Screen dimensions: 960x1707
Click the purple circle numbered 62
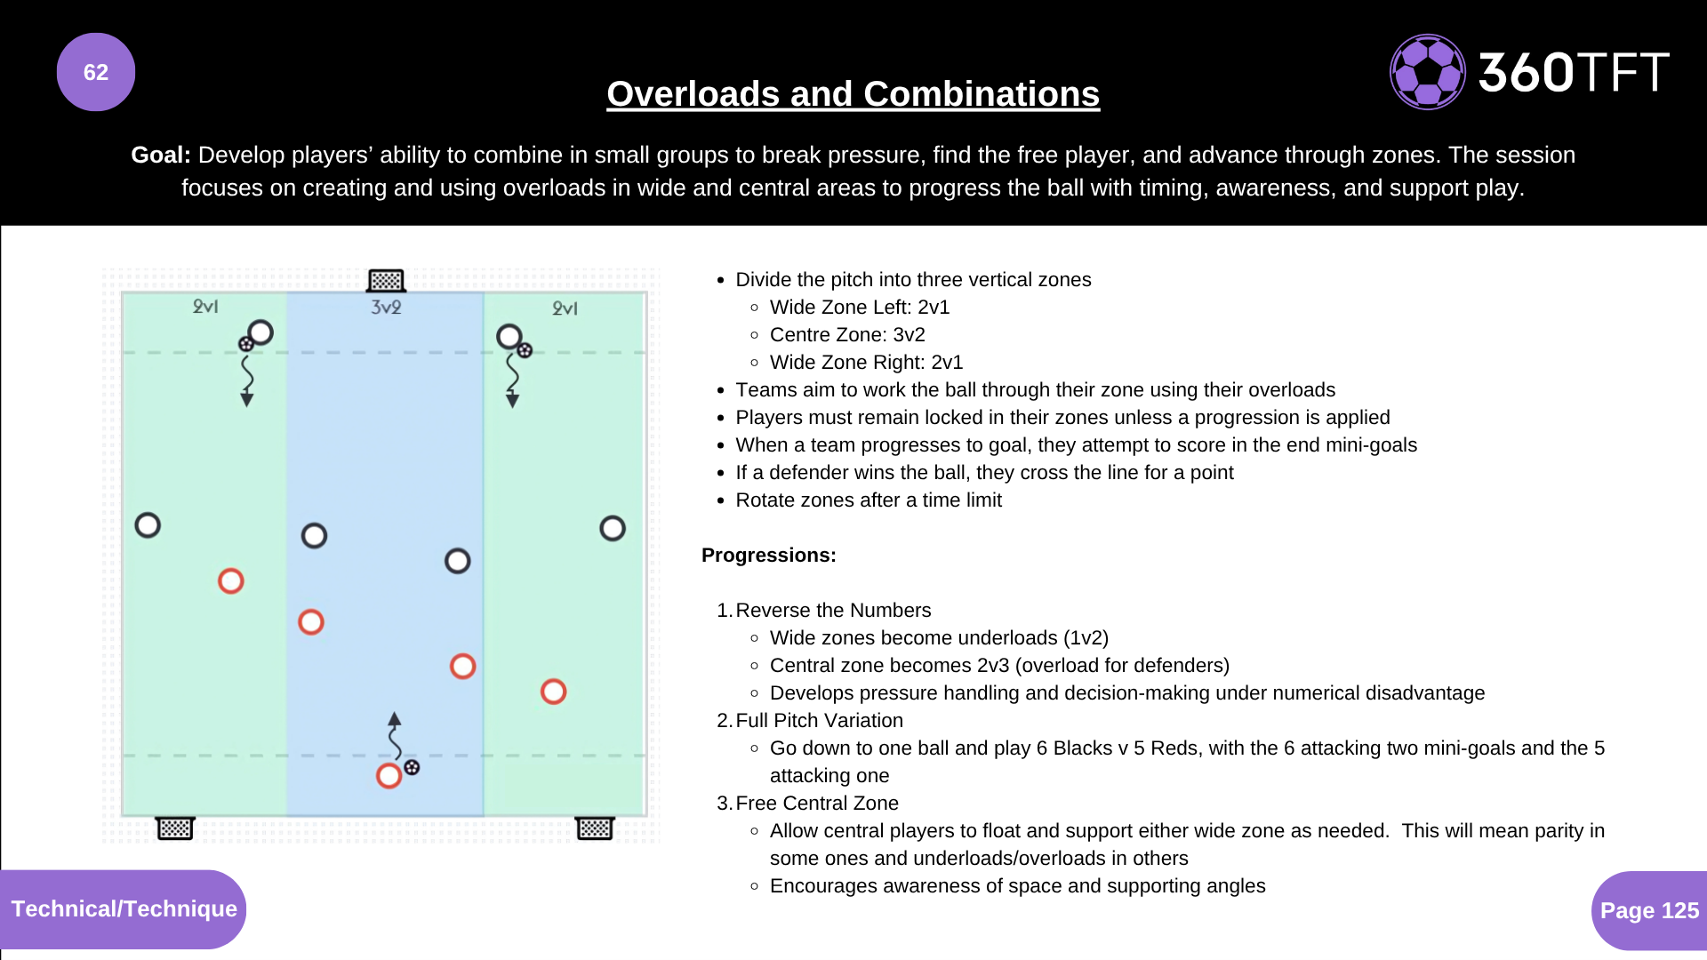[96, 72]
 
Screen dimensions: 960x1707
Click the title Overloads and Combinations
[853, 94]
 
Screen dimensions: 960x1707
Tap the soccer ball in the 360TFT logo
[1427, 72]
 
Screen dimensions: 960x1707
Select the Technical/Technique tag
[124, 908]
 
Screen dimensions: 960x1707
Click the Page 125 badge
[1648, 910]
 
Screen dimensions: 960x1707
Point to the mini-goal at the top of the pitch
[386, 281]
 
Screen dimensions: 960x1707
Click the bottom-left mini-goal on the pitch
[175, 828]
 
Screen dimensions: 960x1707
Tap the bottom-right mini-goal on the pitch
[595, 828]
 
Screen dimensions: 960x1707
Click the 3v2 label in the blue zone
[386, 308]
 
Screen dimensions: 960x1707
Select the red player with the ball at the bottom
[389, 776]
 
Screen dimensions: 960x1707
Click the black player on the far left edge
[148, 525]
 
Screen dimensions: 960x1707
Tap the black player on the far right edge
[613, 529]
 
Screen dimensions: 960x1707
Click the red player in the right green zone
[553, 692]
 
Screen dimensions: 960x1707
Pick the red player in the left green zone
[231, 581]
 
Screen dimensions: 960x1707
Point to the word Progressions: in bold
[769, 556]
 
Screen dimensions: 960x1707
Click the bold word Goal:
[161, 155]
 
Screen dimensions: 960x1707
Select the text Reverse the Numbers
[833, 611]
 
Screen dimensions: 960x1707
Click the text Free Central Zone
[817, 804]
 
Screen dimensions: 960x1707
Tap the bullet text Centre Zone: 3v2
[847, 335]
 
